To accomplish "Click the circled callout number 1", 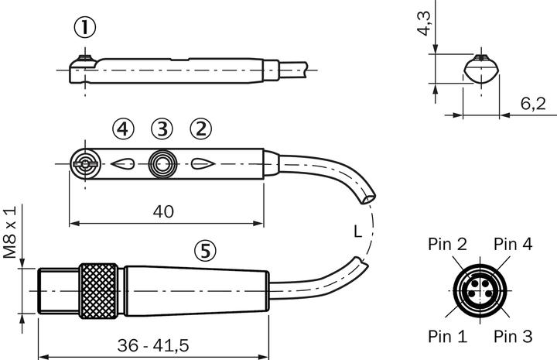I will (x=85, y=29).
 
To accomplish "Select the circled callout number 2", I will (x=200, y=129).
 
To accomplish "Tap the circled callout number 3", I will (x=161, y=129).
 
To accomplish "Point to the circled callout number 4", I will (x=121, y=129).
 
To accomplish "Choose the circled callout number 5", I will (x=204, y=250).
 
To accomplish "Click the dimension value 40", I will (x=162, y=211).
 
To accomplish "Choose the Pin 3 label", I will (x=513, y=337).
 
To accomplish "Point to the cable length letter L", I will (x=357, y=231).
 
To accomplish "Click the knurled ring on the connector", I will (x=98, y=290).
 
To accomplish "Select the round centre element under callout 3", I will (x=162, y=164).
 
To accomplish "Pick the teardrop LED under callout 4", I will (x=123, y=164).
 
